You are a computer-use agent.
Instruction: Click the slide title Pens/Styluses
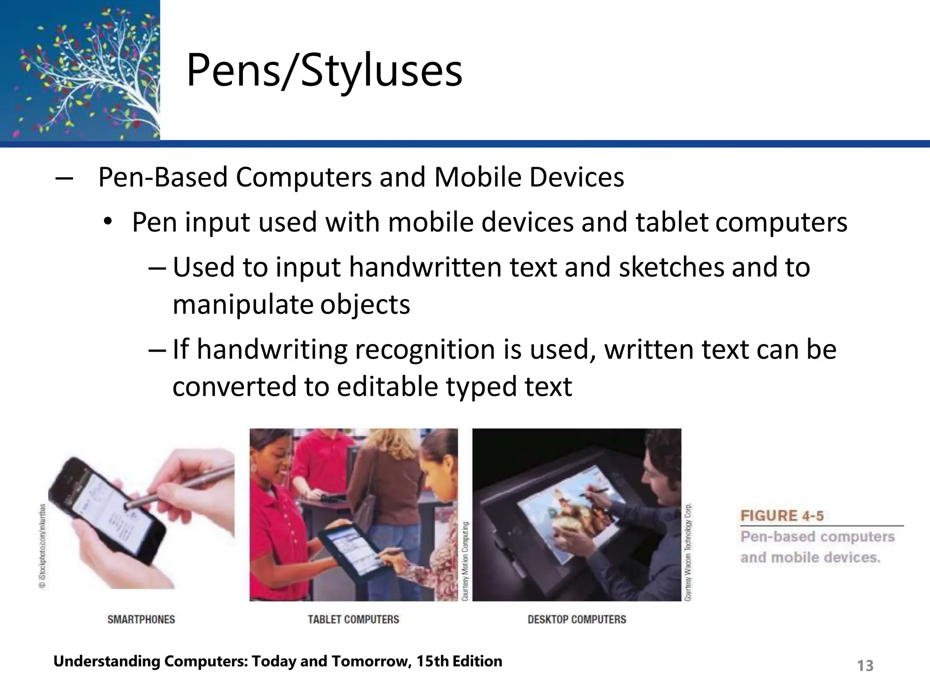[x=324, y=70]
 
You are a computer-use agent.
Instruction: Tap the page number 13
[x=865, y=666]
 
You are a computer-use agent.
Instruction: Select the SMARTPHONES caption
[x=141, y=619]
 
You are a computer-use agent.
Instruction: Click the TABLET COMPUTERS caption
[x=353, y=619]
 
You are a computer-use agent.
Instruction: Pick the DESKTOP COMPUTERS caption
[x=577, y=619]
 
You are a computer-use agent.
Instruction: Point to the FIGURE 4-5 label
[x=782, y=516]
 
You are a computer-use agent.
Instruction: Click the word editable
[x=387, y=386]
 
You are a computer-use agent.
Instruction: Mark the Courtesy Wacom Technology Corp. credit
[x=688, y=552]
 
